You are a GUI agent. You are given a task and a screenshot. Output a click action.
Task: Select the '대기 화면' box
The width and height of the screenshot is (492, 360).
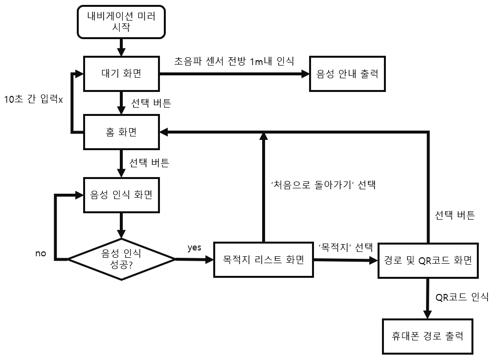pyautogui.click(x=121, y=74)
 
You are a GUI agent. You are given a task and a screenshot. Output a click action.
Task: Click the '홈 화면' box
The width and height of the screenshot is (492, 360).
pyautogui.click(x=121, y=132)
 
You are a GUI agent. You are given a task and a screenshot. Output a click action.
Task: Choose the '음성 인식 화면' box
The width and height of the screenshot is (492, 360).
pyautogui.click(x=121, y=194)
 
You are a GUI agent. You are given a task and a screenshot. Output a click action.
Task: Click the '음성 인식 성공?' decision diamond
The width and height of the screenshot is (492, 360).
pyautogui.click(x=121, y=258)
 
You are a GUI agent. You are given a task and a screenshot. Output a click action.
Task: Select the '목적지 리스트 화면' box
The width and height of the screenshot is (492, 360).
pyautogui.click(x=263, y=260)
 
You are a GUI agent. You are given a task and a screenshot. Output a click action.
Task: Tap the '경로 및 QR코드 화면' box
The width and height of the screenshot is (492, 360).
pyautogui.click(x=428, y=260)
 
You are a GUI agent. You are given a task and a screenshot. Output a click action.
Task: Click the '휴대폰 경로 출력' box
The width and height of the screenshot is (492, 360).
pyautogui.click(x=427, y=336)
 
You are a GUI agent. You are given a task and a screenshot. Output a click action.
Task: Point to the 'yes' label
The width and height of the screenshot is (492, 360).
pyautogui.click(x=194, y=247)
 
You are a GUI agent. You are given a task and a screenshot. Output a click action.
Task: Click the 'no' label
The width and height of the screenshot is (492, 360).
pyautogui.click(x=41, y=253)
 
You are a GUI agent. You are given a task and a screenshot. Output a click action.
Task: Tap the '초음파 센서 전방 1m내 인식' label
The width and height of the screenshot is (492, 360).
pyautogui.click(x=234, y=61)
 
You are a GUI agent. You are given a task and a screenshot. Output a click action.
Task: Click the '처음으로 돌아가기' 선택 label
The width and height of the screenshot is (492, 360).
pyautogui.click(x=323, y=185)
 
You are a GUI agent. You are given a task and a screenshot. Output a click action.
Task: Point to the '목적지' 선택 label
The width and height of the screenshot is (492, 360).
pyautogui.click(x=345, y=247)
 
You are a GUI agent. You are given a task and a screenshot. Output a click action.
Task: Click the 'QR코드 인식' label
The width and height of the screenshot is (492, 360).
pyautogui.click(x=462, y=296)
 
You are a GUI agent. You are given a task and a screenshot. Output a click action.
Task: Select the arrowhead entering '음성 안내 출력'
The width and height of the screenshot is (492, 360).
pyautogui.click(x=306, y=74)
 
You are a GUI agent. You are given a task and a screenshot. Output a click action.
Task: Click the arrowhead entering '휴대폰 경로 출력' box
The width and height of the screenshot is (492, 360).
pyautogui.click(x=427, y=314)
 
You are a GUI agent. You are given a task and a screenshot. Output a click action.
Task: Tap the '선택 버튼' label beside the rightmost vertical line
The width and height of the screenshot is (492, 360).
pyautogui.click(x=454, y=215)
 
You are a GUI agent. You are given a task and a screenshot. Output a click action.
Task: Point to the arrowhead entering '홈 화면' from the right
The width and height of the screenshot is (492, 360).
pyautogui.click(x=164, y=132)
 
